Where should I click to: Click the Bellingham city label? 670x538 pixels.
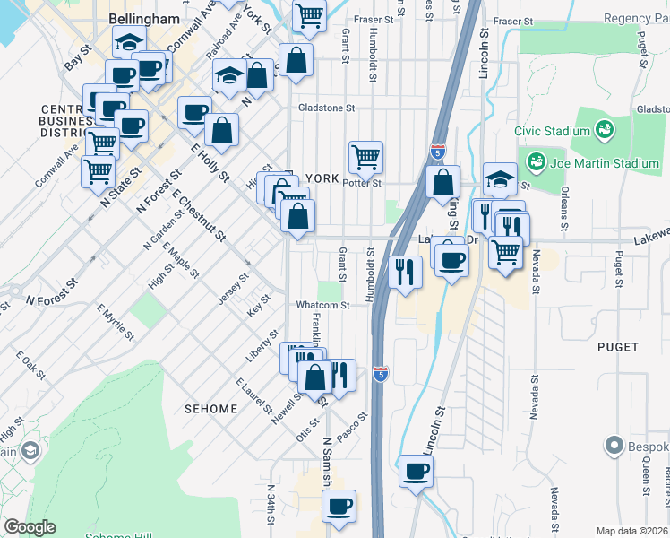pos(143,19)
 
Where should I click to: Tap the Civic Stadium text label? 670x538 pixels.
pos(552,131)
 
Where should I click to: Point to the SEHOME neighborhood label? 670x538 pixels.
pos(211,409)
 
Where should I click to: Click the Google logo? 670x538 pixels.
pos(30,527)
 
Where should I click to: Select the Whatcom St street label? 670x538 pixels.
pos(322,306)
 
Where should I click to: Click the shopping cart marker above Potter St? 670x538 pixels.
pos(365,157)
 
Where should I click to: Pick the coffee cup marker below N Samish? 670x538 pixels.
pos(339,506)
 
